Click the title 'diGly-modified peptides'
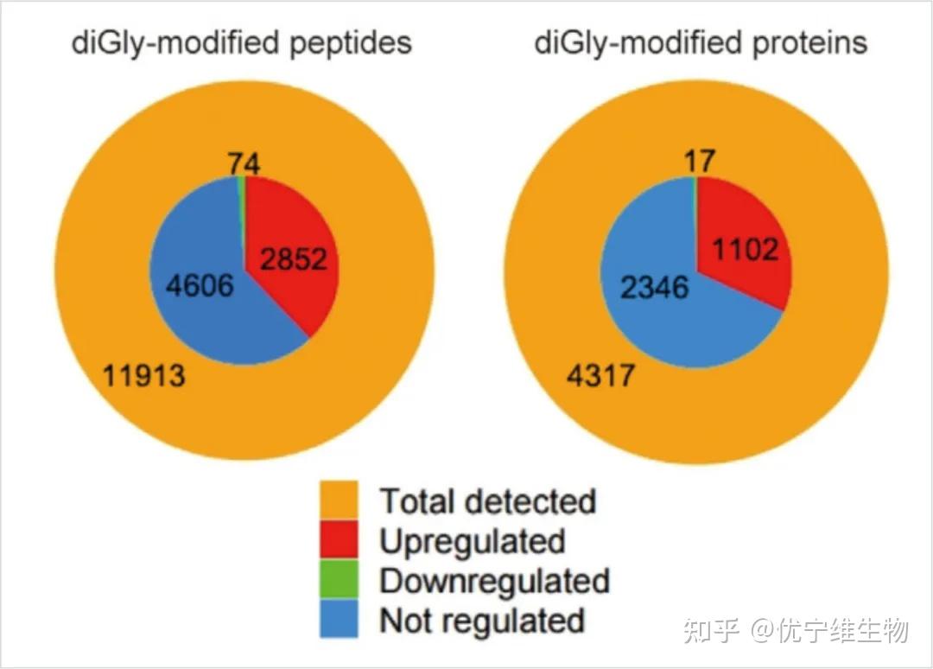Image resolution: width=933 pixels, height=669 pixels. click(242, 43)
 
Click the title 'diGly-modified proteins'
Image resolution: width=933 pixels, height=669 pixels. click(701, 43)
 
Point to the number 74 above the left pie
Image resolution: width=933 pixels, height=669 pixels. click(244, 163)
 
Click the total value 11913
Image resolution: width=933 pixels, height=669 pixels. click(144, 375)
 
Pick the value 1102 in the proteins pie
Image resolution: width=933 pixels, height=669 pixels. click(745, 251)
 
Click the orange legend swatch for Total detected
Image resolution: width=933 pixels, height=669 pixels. click(340, 501)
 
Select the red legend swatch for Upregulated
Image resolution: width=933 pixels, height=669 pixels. click(340, 541)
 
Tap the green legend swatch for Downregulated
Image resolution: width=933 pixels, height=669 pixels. click(340, 580)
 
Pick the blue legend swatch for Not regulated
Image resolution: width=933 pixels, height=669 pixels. click(340, 619)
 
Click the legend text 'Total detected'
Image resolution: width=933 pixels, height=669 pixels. click(488, 501)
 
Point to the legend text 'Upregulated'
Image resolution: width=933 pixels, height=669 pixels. click(473, 541)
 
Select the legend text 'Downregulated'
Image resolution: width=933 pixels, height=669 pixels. click(495, 581)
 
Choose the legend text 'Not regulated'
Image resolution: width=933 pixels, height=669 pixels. click(482, 620)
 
